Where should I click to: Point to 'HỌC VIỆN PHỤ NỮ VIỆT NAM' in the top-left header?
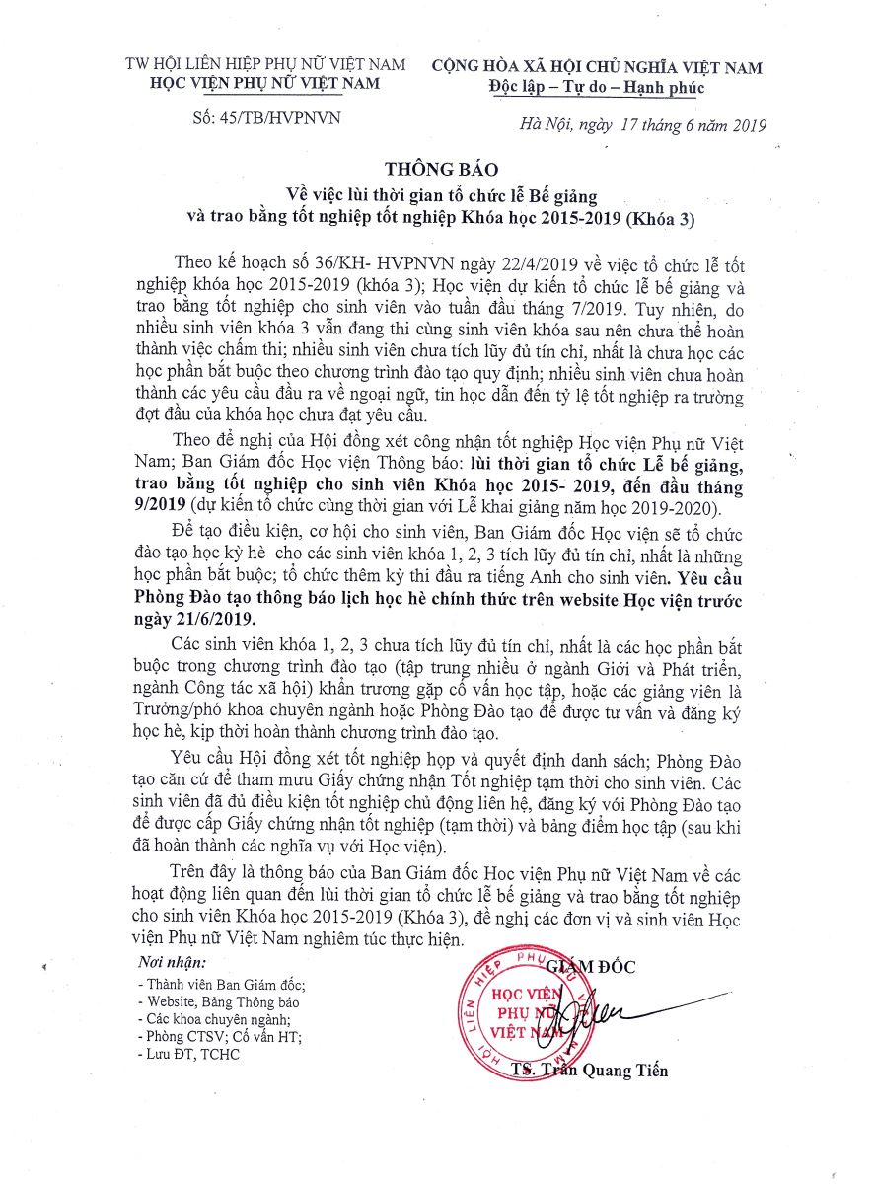click(265, 84)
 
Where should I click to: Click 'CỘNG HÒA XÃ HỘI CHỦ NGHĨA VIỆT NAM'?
click(597, 66)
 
